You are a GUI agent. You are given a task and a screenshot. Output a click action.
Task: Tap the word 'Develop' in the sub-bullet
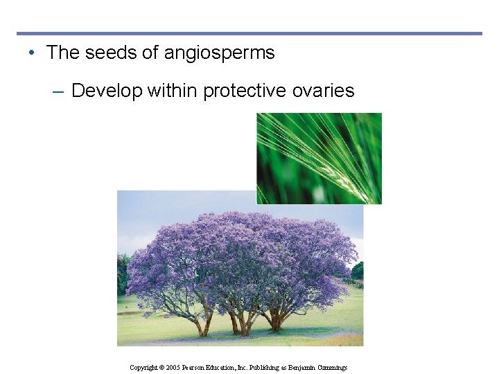pyautogui.click(x=107, y=91)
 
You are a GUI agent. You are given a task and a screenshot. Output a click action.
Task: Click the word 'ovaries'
pyautogui.click(x=326, y=91)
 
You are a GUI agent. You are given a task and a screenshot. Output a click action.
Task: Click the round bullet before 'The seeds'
pyautogui.click(x=33, y=53)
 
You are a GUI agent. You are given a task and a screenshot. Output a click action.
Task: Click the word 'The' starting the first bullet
pyautogui.click(x=64, y=53)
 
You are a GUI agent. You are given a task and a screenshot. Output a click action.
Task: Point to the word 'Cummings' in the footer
pyautogui.click(x=332, y=367)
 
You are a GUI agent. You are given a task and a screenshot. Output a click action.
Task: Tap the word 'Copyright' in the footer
pyautogui.click(x=144, y=367)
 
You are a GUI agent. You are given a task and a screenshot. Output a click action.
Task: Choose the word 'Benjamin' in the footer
pyautogui.click(x=300, y=367)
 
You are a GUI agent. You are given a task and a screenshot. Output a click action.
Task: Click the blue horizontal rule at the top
pyautogui.click(x=249, y=33)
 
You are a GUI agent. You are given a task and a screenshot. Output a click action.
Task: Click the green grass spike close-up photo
pyautogui.click(x=319, y=159)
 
